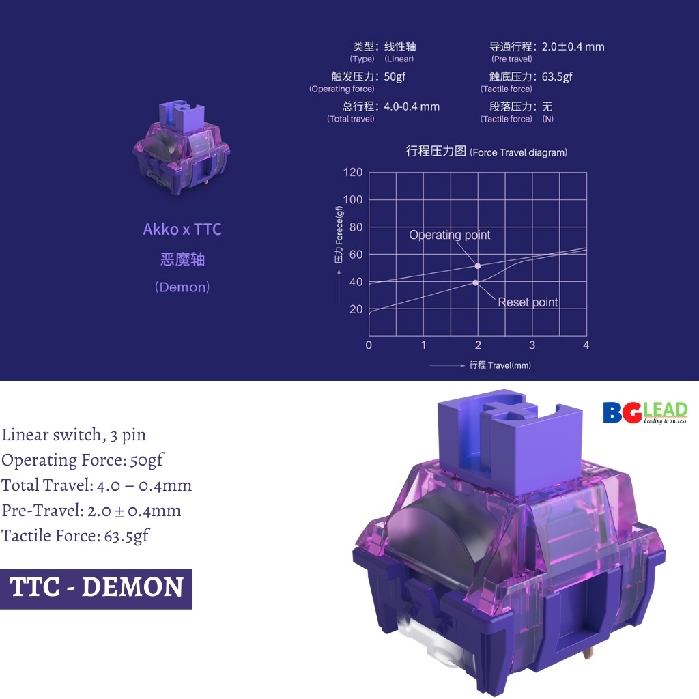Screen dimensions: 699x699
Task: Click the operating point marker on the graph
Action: [x=477, y=266]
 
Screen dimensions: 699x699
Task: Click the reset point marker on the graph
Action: [x=475, y=283]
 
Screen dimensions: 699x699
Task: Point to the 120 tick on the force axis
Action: [x=353, y=173]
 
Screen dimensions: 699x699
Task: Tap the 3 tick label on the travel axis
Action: [x=532, y=345]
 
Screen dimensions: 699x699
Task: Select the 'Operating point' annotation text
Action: [x=449, y=235]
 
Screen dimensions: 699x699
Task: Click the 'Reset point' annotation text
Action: [x=528, y=302]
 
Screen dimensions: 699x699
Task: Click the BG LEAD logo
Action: [x=645, y=412]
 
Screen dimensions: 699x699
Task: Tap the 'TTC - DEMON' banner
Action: [x=96, y=589]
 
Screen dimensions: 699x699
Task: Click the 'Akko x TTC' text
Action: [x=182, y=229]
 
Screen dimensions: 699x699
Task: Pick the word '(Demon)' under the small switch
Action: [x=182, y=287]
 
